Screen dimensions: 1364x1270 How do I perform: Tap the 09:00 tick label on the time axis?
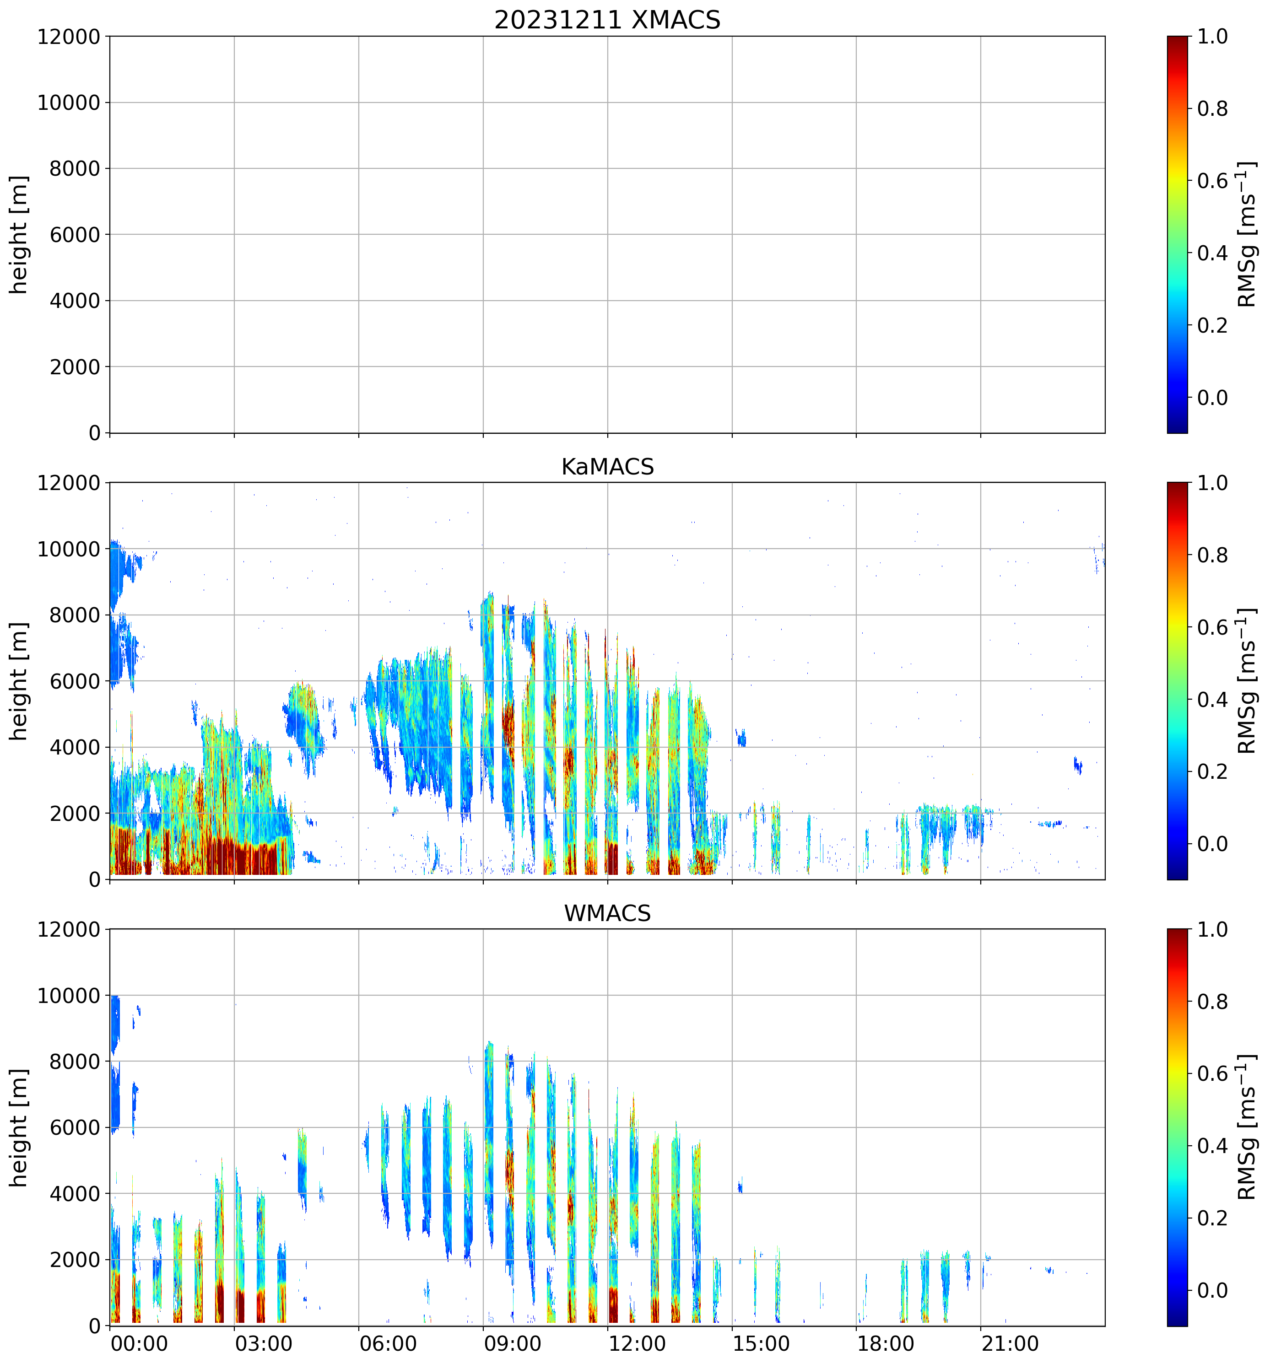[513, 1343]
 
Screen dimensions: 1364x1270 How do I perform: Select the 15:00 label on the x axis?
[761, 1343]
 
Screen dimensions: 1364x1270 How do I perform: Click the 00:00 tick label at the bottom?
[139, 1343]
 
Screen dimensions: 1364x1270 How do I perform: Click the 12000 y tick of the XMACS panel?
[69, 36]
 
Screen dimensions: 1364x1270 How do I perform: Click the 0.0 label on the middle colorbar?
[1212, 844]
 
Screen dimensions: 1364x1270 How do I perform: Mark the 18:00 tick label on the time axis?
[885, 1343]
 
